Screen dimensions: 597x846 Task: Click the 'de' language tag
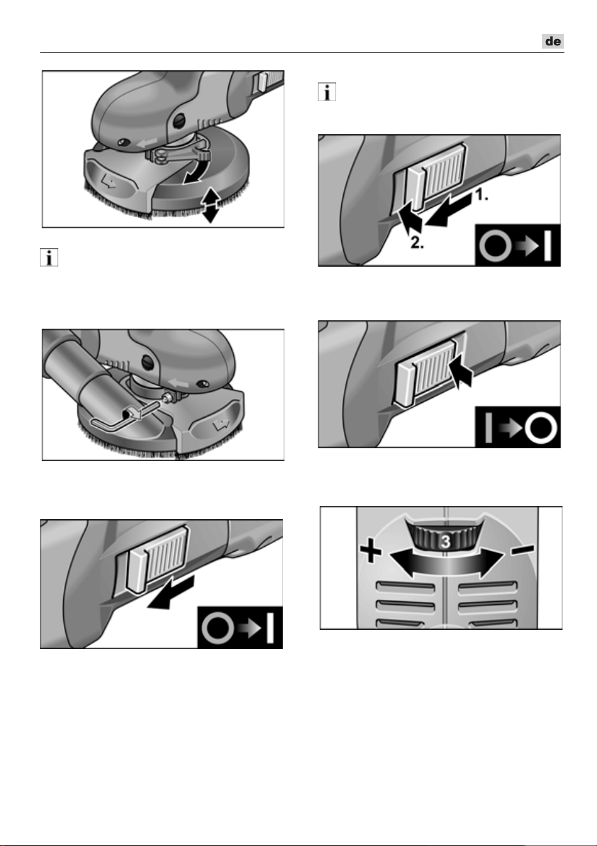click(x=553, y=41)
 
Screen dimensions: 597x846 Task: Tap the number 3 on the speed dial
click(x=446, y=542)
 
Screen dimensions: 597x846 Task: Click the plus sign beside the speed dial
click(x=371, y=552)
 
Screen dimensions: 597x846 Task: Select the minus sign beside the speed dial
click(x=523, y=549)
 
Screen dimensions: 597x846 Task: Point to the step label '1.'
click(x=481, y=195)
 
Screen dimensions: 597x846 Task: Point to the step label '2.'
click(x=417, y=243)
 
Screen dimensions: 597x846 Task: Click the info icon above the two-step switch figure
click(x=327, y=92)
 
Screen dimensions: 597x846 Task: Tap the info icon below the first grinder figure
click(x=49, y=258)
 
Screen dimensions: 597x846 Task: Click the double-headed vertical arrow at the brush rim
click(x=210, y=205)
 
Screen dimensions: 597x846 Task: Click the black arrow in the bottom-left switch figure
click(x=171, y=592)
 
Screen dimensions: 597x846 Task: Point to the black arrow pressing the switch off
click(x=461, y=374)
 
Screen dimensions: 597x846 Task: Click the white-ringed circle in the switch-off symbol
click(x=541, y=428)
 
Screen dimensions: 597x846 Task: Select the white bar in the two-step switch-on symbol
click(x=548, y=246)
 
